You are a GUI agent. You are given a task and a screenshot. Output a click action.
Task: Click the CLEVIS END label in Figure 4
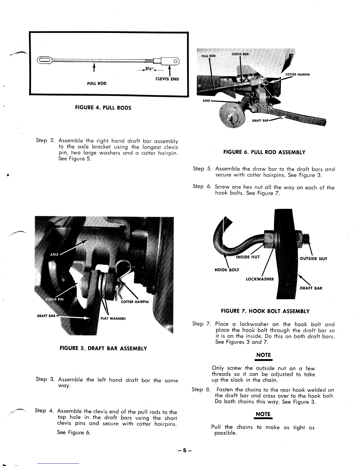167,79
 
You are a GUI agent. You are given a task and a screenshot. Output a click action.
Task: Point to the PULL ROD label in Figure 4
97,84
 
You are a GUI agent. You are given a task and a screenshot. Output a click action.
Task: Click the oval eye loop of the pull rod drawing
45,61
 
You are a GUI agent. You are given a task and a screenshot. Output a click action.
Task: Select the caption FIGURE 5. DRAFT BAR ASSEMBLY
103,349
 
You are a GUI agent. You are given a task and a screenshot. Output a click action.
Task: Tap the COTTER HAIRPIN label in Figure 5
135,302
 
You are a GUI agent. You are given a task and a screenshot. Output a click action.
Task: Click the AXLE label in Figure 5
54,254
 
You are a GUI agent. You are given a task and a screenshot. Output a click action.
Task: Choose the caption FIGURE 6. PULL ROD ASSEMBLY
264,152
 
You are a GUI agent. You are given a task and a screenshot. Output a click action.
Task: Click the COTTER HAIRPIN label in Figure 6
298,74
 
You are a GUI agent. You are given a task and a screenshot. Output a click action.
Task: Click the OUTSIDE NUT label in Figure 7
313,259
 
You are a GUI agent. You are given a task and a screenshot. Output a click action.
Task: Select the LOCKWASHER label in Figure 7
260,279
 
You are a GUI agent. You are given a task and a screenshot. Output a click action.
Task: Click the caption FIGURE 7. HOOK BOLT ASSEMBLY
265,311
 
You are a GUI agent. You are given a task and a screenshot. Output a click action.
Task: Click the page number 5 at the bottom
184,450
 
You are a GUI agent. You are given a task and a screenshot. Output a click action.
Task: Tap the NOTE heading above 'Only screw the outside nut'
263,355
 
